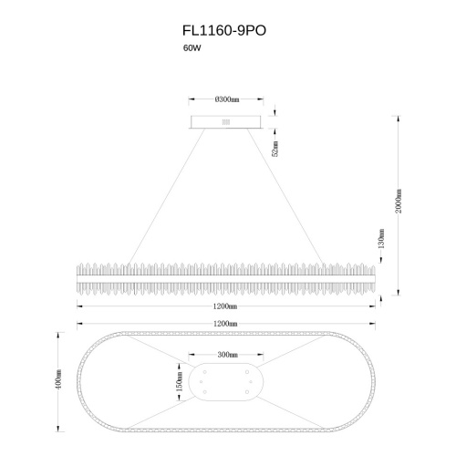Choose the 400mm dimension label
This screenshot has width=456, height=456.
point(60,380)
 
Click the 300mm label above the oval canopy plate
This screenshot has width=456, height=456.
point(227,354)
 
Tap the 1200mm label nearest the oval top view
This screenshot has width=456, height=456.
point(226,322)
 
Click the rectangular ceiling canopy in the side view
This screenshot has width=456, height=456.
point(227,121)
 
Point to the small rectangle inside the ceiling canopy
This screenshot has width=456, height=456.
point(227,119)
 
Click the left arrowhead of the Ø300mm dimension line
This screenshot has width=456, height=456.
point(192,99)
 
